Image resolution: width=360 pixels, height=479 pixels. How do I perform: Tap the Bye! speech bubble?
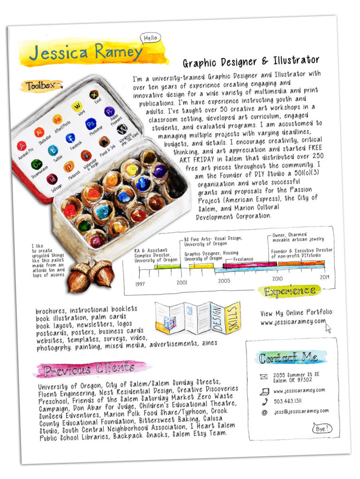321,428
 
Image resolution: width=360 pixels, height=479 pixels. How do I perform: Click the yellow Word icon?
76,106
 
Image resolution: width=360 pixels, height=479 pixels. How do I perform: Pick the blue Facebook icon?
70,138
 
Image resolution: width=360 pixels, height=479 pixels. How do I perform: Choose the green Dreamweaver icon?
37,164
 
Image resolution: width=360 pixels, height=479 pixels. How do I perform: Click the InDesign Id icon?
52,179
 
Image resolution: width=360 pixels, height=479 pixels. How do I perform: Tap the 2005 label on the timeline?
224,281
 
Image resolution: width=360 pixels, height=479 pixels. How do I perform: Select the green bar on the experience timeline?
167,266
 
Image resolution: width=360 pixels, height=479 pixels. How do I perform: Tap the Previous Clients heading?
89,370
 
